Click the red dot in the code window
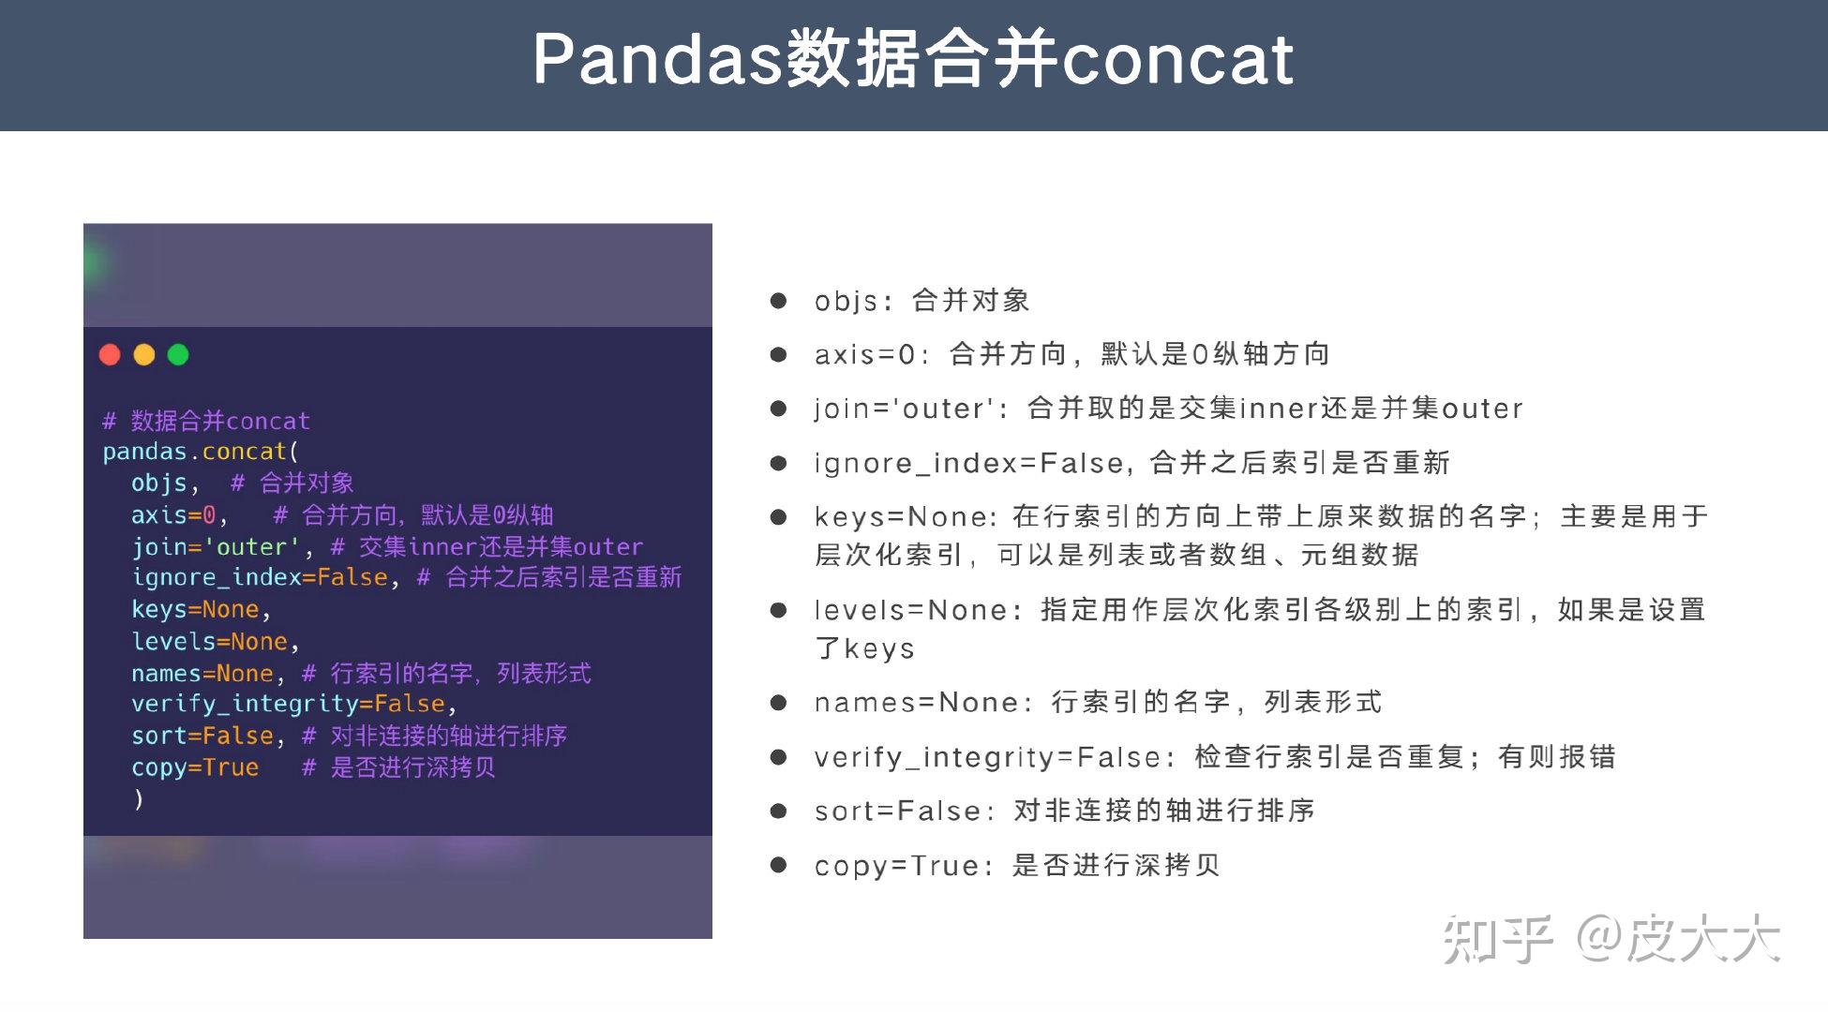coord(110,354)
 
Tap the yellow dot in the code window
coord(144,354)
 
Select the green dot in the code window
coord(178,354)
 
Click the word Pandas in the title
coord(657,59)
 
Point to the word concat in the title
coord(1177,59)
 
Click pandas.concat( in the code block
coord(200,452)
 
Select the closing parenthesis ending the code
coord(139,798)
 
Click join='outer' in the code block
coord(215,546)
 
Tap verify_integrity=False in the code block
coord(288,704)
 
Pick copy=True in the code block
coord(194,767)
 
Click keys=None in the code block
coord(194,609)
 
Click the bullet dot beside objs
coord(778,301)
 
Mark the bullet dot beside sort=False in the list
coord(778,811)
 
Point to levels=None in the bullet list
coord(910,610)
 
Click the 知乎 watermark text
coord(1498,939)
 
